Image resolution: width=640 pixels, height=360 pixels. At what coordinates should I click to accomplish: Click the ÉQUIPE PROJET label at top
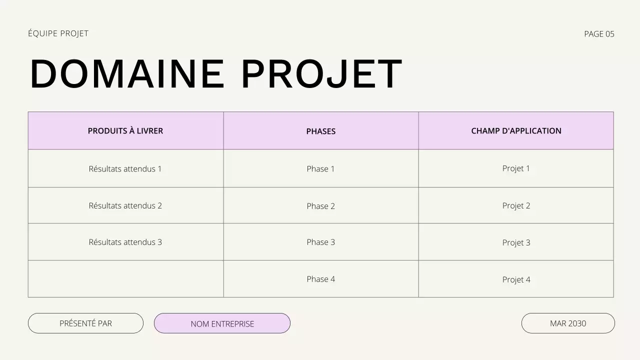pyautogui.click(x=58, y=33)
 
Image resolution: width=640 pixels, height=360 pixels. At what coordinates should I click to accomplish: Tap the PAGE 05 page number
pyautogui.click(x=599, y=34)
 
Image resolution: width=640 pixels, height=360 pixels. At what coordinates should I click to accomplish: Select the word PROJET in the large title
pyautogui.click(x=321, y=74)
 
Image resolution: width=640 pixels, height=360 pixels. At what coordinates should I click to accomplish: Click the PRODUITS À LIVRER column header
pyautogui.click(x=125, y=131)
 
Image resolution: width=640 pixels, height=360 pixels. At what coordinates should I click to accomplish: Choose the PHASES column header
pyautogui.click(x=321, y=131)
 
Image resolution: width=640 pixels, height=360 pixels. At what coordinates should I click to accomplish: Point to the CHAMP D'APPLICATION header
pyautogui.click(x=516, y=131)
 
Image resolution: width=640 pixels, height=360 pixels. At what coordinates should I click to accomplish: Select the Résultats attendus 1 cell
pyautogui.click(x=125, y=169)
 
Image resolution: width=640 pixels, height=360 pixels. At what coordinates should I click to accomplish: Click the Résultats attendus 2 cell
pyautogui.click(x=125, y=205)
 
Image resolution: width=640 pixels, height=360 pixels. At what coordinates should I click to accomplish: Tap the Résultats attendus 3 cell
pyautogui.click(x=125, y=242)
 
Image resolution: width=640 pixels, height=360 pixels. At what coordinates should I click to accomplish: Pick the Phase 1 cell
pyautogui.click(x=321, y=169)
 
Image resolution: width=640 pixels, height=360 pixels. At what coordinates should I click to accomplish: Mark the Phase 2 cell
pyautogui.click(x=321, y=206)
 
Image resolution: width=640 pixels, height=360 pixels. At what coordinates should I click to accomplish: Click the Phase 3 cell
pyautogui.click(x=321, y=242)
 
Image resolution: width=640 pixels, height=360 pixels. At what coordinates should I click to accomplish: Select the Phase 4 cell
pyautogui.click(x=321, y=279)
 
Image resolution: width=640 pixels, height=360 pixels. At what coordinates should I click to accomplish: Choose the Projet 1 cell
pyautogui.click(x=516, y=168)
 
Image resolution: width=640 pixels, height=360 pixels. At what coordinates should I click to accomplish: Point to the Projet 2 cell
pyautogui.click(x=516, y=205)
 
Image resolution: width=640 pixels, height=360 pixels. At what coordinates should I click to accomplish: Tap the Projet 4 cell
pyautogui.click(x=516, y=279)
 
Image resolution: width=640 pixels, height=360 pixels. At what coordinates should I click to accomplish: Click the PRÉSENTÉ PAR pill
pyautogui.click(x=85, y=323)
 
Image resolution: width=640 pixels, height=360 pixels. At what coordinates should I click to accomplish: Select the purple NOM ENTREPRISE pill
pyautogui.click(x=222, y=323)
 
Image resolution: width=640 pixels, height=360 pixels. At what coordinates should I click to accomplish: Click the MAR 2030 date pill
pyautogui.click(x=568, y=323)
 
